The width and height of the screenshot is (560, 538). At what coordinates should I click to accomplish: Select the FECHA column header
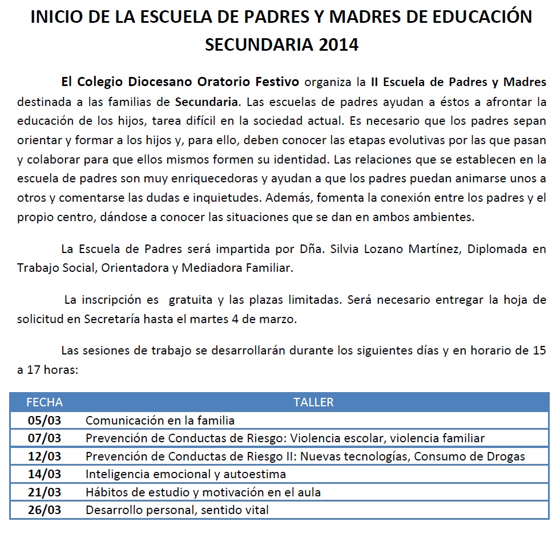[x=45, y=402]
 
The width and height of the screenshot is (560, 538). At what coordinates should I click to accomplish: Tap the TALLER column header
[x=313, y=402]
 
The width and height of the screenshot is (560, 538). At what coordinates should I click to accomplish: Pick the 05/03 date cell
[x=45, y=421]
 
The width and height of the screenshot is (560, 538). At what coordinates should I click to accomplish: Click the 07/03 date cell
[x=45, y=438]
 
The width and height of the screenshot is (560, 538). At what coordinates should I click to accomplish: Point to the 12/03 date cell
[x=45, y=457]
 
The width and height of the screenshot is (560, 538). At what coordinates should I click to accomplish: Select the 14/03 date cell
[x=45, y=474]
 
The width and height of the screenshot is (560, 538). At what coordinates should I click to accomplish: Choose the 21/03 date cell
[x=45, y=492]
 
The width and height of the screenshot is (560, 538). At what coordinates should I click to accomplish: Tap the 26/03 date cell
[x=45, y=510]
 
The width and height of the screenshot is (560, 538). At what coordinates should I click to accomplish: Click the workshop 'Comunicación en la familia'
[x=160, y=421]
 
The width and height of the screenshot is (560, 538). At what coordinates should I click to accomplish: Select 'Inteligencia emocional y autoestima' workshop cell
[x=186, y=474]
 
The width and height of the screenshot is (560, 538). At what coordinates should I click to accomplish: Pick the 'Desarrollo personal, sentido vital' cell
[x=177, y=510]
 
